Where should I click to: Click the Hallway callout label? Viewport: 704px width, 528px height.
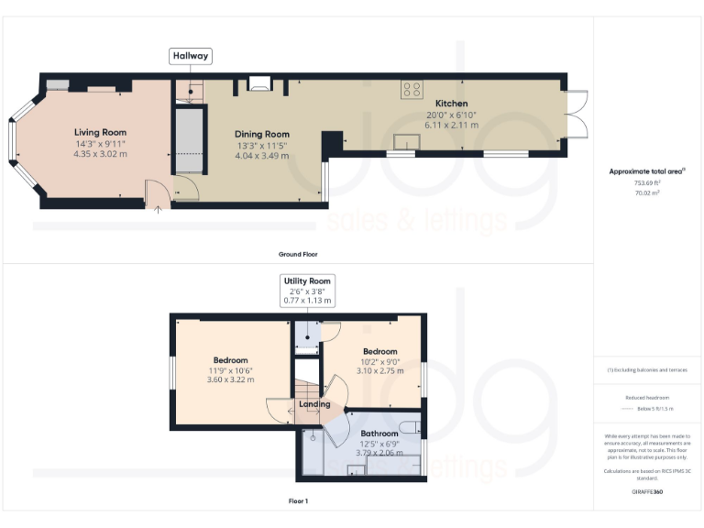pos(191,56)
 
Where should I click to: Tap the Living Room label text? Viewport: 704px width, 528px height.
pos(101,132)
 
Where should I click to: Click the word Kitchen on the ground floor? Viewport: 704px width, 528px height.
pos(451,104)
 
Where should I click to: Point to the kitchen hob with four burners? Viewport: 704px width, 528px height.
pos(412,90)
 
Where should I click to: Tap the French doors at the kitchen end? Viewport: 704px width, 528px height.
pos(577,115)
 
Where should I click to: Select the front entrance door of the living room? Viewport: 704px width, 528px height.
pos(158,193)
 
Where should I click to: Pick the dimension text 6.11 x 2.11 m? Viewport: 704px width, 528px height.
pos(452,126)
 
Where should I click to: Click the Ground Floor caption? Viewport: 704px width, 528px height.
pos(298,254)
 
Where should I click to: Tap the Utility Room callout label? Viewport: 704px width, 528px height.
pos(308,280)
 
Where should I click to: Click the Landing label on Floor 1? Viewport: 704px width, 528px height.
pos(314,404)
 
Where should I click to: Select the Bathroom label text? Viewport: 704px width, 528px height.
pos(379,433)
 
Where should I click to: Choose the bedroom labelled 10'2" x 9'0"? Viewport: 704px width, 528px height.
pos(379,361)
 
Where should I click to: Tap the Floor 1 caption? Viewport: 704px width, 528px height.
pos(298,501)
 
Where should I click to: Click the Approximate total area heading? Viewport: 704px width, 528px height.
pos(647,171)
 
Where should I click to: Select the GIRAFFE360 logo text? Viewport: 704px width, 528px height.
pos(647,492)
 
